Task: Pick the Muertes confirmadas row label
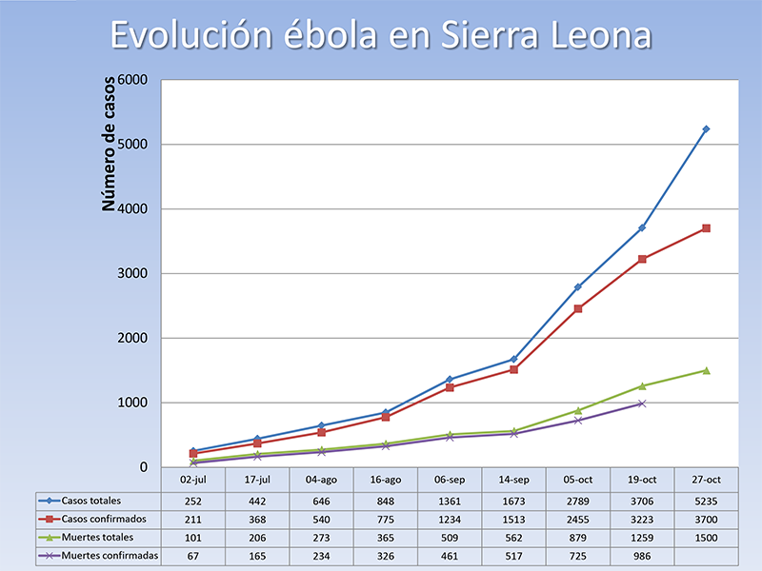pos(105,555)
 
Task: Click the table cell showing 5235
pos(706,501)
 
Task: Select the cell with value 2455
pos(578,519)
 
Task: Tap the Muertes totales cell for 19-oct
pos(642,537)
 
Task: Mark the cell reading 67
pos(194,555)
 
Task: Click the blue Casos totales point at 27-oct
pos(706,128)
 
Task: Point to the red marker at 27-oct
pos(706,228)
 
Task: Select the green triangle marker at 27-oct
pos(706,370)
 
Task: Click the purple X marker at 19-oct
pos(642,404)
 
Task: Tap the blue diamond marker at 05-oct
pos(578,286)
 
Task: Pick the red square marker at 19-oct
pos(642,259)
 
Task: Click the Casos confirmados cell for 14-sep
pos(514,519)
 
